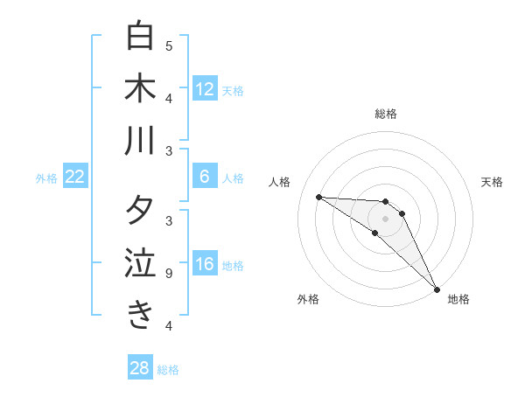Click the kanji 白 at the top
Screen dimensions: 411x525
(x=140, y=37)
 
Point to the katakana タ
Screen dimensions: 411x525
(x=140, y=212)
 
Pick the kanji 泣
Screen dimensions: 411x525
(x=140, y=263)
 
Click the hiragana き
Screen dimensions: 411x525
(x=140, y=315)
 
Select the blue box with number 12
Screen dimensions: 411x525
(x=205, y=88)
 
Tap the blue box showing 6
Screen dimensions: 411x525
(x=205, y=177)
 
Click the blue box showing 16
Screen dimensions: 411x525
(x=205, y=265)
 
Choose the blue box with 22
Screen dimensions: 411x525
(x=75, y=177)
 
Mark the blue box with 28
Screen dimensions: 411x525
(x=140, y=368)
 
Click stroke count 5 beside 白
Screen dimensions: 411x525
(x=169, y=45)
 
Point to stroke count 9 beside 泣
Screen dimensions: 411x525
(x=169, y=274)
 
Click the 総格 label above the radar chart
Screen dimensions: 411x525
(x=386, y=114)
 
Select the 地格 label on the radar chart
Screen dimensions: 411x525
(x=458, y=300)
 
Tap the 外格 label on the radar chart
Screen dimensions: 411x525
(x=308, y=300)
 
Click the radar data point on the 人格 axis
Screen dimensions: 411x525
(x=318, y=197)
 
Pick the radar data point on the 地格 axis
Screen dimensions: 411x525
(x=437, y=289)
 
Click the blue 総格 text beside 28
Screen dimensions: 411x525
(x=168, y=370)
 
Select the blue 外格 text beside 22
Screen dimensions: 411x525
(x=46, y=178)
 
